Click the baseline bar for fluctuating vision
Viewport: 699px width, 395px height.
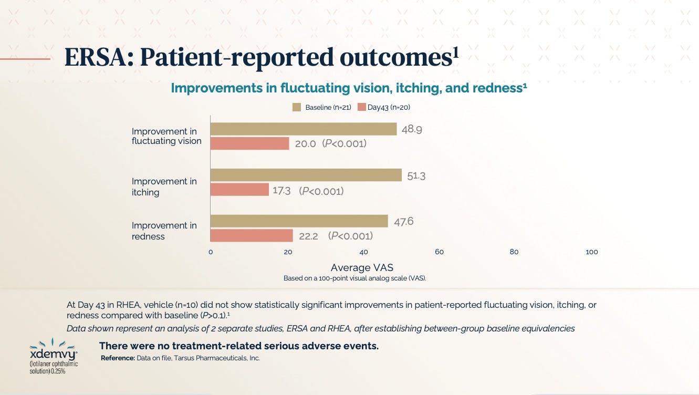pos(304,129)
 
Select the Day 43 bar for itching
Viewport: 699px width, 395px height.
pos(239,189)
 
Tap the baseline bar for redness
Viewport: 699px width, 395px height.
pos(299,221)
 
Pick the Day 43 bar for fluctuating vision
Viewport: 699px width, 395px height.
pos(250,143)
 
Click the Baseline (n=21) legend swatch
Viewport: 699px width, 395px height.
pos(297,107)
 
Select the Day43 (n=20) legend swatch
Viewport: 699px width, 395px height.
pos(361,107)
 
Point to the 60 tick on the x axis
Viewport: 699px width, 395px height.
pos(439,252)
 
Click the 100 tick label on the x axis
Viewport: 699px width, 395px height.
pos(591,252)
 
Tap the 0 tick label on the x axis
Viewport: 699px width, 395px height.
pos(211,252)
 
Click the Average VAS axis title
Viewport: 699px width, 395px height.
pos(362,268)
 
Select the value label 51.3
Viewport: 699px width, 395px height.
pos(416,176)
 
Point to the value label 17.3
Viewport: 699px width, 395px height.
pos(281,191)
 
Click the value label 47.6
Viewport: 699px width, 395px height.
pos(404,222)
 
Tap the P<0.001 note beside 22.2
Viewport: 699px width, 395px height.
pos(350,236)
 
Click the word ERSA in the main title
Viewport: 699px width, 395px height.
pos(97,58)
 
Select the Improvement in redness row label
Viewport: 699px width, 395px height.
pos(164,231)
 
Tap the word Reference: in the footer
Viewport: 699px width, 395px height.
pos(118,358)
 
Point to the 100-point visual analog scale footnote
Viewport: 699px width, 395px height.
pos(354,278)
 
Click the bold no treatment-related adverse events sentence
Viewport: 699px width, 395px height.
pos(239,346)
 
